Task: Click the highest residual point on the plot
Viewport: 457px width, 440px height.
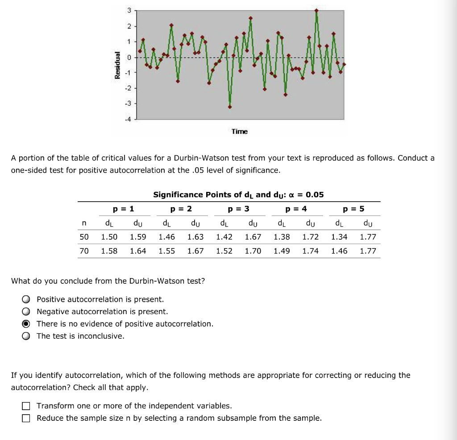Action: pos(316,10)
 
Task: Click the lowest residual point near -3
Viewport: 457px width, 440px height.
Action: pos(230,107)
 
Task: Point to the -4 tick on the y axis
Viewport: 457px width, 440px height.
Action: pos(128,119)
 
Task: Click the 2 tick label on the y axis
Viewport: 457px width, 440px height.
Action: pos(128,27)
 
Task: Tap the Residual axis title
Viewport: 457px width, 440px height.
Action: pos(117,65)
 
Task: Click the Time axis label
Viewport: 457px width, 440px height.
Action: pos(239,131)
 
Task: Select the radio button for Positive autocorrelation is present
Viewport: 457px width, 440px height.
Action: pos(27,299)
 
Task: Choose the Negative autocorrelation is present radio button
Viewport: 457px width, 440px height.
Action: pos(27,311)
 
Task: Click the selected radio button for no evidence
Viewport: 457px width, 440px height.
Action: pos(27,324)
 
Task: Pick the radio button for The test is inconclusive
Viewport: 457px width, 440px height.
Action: pos(27,336)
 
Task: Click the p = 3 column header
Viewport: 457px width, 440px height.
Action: pos(239,209)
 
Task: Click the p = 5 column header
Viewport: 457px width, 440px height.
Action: pos(353,209)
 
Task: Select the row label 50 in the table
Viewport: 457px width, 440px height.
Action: pos(84,237)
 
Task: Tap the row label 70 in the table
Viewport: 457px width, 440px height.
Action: pos(84,251)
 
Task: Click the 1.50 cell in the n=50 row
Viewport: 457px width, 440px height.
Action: pos(109,237)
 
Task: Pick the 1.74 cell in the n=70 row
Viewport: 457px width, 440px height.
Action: pos(311,251)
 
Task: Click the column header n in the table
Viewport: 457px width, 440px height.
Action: pos(84,223)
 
